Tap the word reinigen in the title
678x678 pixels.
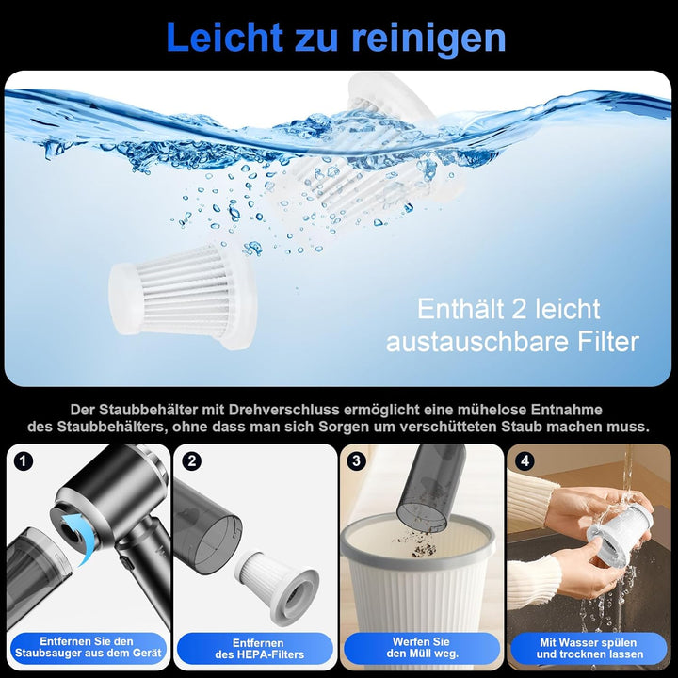click(428, 38)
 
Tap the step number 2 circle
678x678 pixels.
click(192, 461)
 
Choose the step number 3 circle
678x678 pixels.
click(357, 461)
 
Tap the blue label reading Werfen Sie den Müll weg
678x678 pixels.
click(421, 648)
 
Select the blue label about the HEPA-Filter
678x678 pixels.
click(254, 648)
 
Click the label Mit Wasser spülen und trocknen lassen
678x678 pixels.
click(589, 648)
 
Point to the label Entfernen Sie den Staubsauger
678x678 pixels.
click(87, 648)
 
